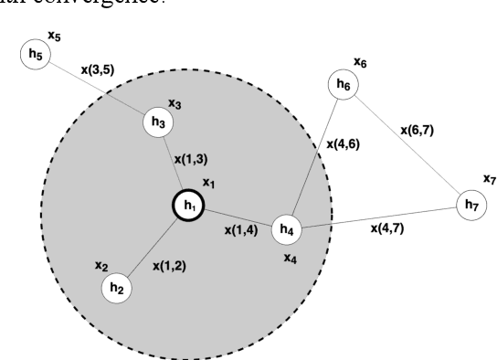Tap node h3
click(x=158, y=121)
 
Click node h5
click(x=35, y=55)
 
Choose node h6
click(x=344, y=85)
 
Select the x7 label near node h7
click(x=489, y=179)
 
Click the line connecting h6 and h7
click(x=407, y=146)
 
